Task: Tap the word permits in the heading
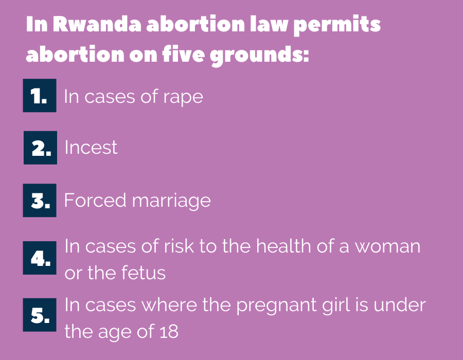[x=337, y=26]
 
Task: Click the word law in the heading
[x=269, y=24]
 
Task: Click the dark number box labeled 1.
[x=40, y=95]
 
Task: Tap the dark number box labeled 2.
[x=40, y=148]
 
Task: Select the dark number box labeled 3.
[x=40, y=201]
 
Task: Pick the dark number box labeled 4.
[x=40, y=258]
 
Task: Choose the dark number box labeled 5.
[x=40, y=315]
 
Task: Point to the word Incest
[x=91, y=147]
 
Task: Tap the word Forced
[x=95, y=200]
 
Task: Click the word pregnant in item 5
[x=276, y=306]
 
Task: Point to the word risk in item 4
[x=179, y=246]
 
